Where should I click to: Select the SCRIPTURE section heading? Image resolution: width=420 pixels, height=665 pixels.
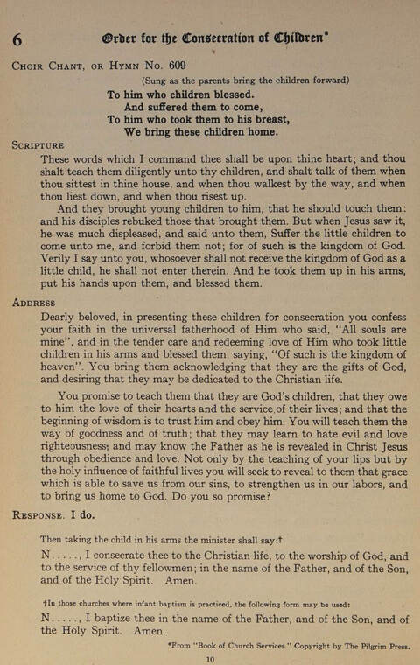click(x=38, y=144)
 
